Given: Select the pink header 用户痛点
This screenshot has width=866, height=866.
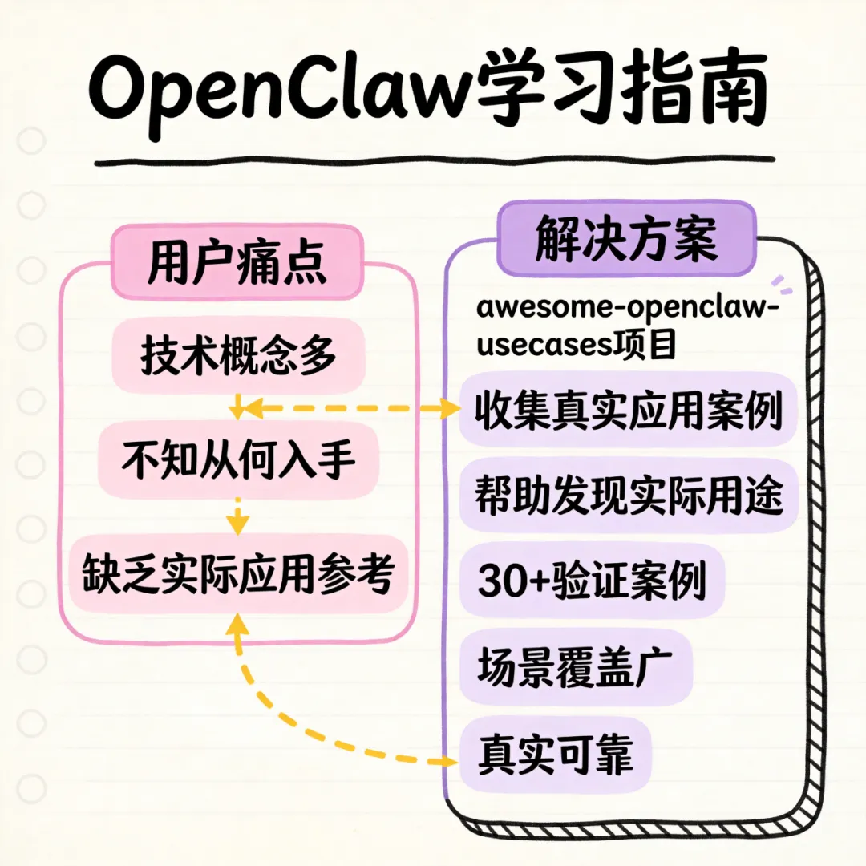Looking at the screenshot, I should coord(237,260).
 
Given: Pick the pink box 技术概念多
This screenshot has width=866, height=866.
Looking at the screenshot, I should coord(238,357).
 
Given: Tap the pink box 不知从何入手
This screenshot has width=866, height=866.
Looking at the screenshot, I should coord(238,461).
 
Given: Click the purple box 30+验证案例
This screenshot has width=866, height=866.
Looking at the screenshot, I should coord(592,581).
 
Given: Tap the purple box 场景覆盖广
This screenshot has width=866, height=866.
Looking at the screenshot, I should coord(574,667).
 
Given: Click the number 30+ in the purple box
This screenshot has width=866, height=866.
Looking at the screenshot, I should coord(513,581).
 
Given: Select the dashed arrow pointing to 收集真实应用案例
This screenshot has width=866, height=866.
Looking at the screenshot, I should coord(353,409).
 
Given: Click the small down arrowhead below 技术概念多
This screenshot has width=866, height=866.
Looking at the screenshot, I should coord(237,411).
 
